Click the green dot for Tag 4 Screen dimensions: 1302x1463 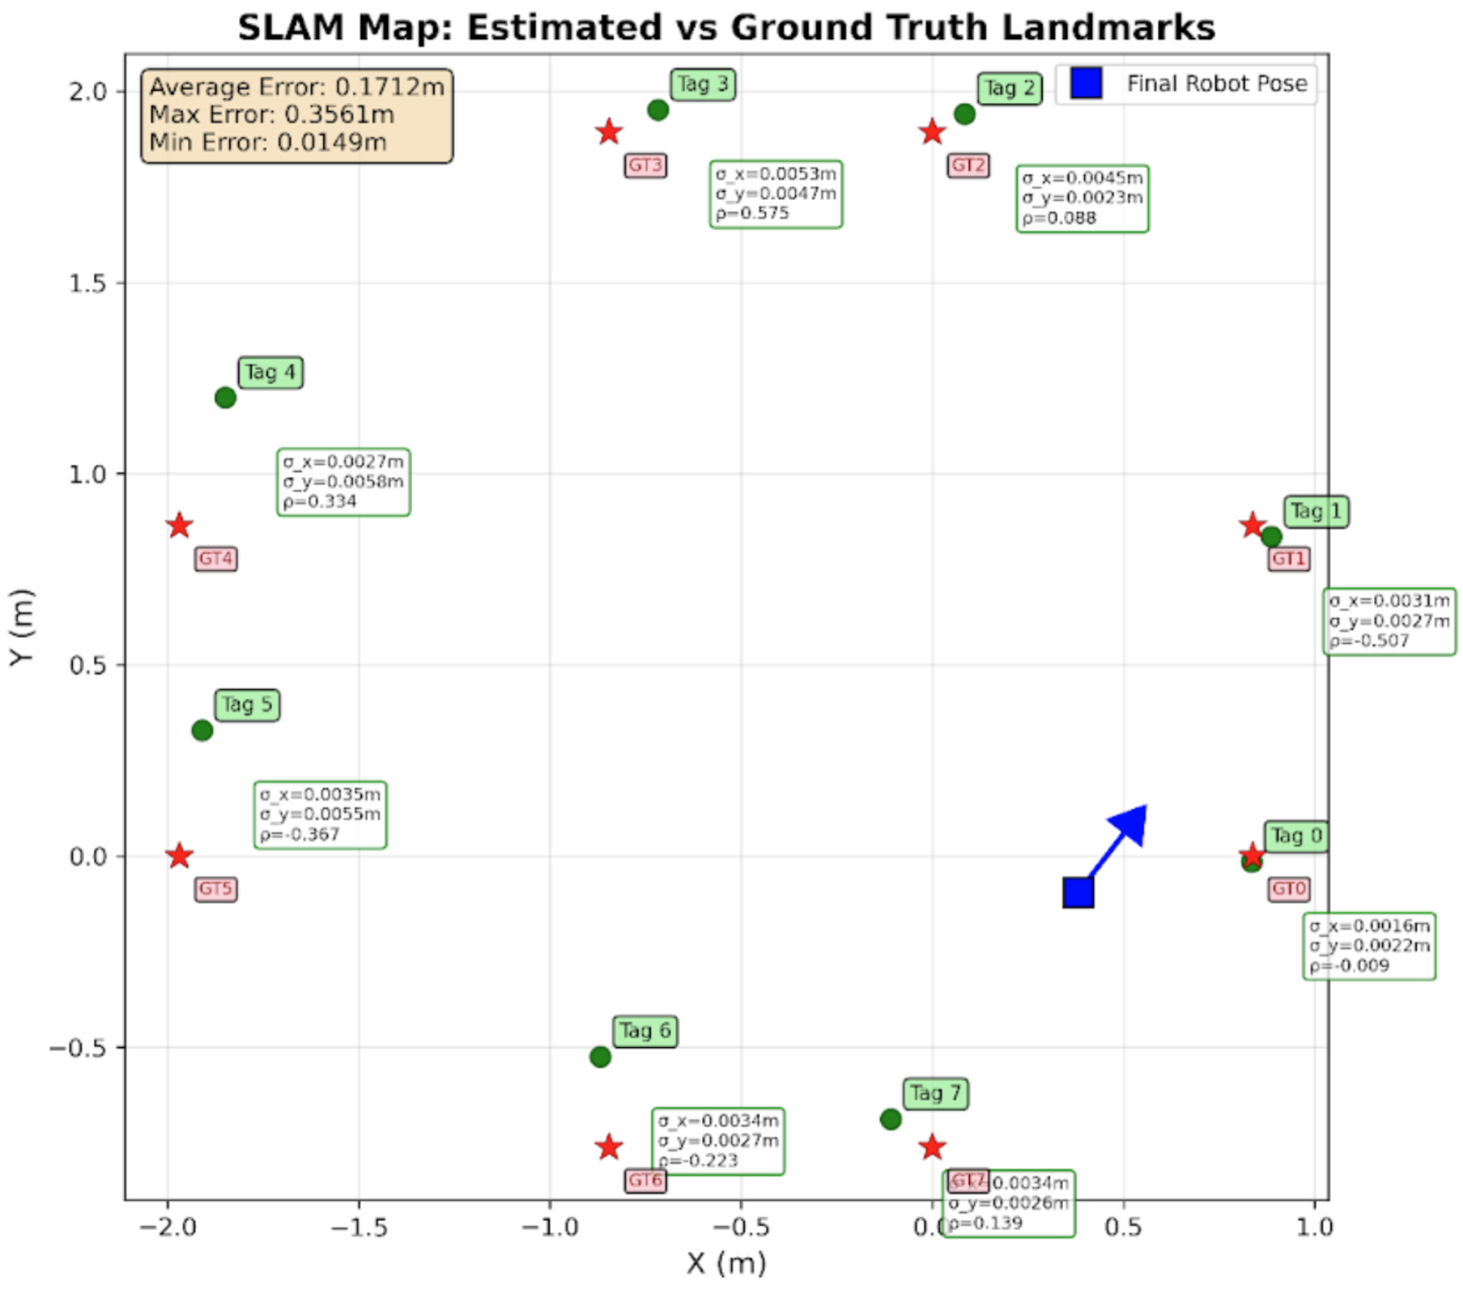[x=225, y=398]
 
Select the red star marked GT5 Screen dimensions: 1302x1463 [x=180, y=856]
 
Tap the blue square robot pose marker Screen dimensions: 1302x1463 [x=1078, y=893]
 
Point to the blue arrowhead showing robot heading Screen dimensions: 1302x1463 [x=1132, y=822]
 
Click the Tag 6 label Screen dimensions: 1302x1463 [x=645, y=1031]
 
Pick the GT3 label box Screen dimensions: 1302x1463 [x=645, y=166]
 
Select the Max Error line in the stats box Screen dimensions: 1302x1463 [x=272, y=115]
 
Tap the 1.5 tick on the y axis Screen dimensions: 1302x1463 [x=88, y=283]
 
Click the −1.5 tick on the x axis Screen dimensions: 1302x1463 [x=359, y=1227]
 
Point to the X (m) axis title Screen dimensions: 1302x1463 [x=726, y=1264]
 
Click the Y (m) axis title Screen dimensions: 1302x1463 [x=23, y=627]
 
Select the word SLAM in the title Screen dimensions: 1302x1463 [x=290, y=28]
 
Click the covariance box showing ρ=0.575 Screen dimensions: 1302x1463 [x=776, y=194]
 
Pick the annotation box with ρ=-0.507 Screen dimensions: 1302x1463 [x=1389, y=622]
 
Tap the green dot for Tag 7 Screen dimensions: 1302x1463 [x=891, y=1119]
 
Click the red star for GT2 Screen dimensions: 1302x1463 [x=932, y=132]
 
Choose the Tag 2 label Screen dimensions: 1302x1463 [x=1010, y=88]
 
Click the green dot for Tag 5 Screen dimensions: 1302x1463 [x=202, y=730]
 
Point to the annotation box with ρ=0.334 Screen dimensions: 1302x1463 [x=344, y=482]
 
